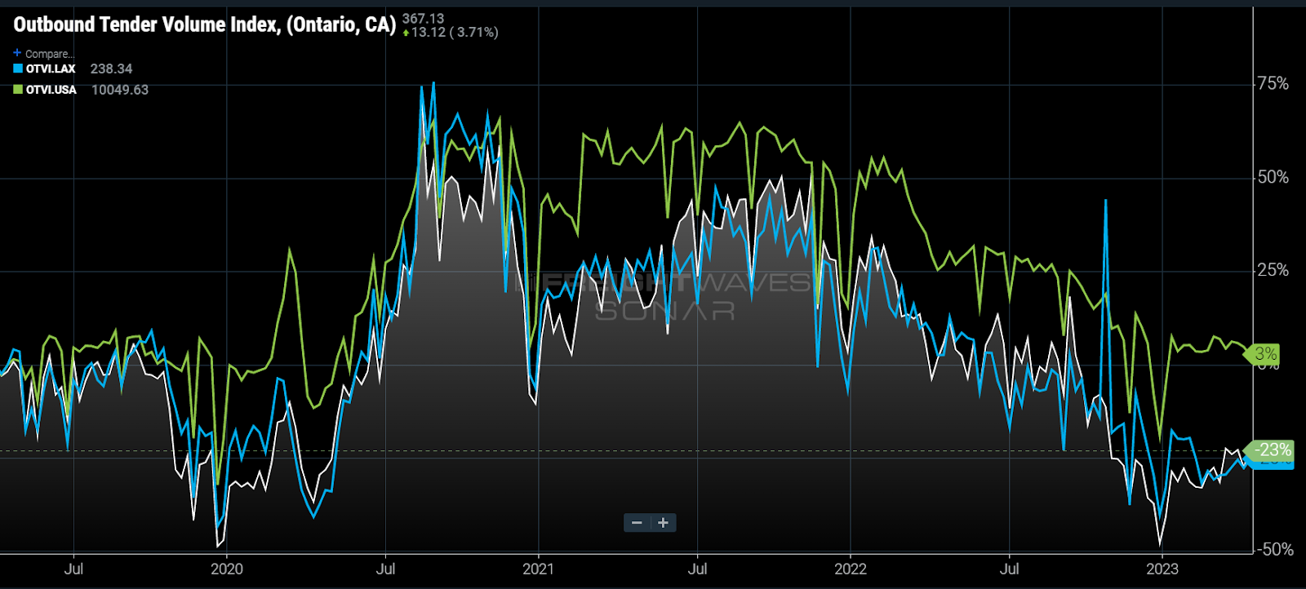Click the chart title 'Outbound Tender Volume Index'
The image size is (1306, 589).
pyautogui.click(x=204, y=24)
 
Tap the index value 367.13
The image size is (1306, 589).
pyautogui.click(x=423, y=18)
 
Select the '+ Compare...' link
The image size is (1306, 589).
pyautogui.click(x=44, y=54)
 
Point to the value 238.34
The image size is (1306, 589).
pyautogui.click(x=111, y=69)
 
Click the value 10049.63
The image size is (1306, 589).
pyautogui.click(x=120, y=90)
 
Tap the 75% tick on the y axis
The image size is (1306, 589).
pyautogui.click(x=1273, y=84)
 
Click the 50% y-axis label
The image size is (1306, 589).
pyautogui.click(x=1273, y=177)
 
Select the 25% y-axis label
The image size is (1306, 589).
pyautogui.click(x=1273, y=270)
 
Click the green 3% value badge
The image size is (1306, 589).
pyautogui.click(x=1265, y=354)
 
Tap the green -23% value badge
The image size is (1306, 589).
pyautogui.click(x=1273, y=449)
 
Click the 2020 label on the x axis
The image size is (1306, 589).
pyautogui.click(x=227, y=569)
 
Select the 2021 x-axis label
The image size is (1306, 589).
pyautogui.click(x=538, y=569)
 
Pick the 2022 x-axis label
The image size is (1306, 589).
pyautogui.click(x=851, y=569)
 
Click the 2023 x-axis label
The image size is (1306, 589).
pyautogui.click(x=1162, y=569)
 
